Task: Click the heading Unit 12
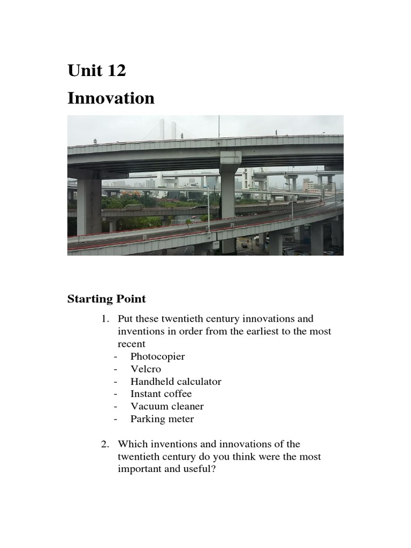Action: [x=96, y=70]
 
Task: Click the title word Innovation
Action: [x=111, y=98]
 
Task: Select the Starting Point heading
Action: [x=106, y=299]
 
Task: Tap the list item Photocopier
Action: [x=157, y=356]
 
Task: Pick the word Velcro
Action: [x=146, y=369]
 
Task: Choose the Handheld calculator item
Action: [x=176, y=382]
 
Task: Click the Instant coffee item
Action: [x=161, y=394]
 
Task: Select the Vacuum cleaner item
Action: [x=167, y=407]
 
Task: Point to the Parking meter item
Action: [x=162, y=419]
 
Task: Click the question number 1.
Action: [x=104, y=319]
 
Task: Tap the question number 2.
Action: [x=104, y=444]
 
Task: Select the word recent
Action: [x=131, y=344]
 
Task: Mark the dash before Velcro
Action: [x=115, y=369]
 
